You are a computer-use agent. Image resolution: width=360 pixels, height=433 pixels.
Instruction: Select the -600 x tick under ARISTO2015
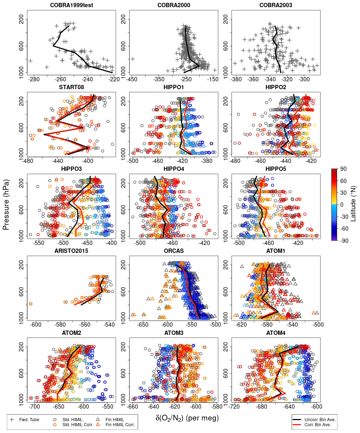[x=36, y=324]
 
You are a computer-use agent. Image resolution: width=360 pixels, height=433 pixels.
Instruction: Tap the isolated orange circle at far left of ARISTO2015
[x=31, y=304]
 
